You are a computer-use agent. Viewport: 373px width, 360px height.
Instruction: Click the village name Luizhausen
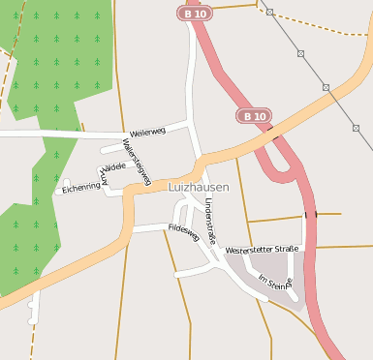click(x=199, y=187)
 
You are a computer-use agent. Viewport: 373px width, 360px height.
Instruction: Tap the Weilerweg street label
click(x=146, y=132)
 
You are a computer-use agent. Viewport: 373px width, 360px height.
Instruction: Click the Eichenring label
click(x=81, y=188)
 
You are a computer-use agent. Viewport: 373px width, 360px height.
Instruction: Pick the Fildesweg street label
click(x=183, y=232)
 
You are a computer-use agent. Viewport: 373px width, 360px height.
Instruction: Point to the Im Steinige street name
click(x=274, y=282)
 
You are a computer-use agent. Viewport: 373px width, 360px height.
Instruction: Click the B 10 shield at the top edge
click(x=193, y=13)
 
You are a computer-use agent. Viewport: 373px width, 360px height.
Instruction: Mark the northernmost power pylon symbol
click(x=269, y=13)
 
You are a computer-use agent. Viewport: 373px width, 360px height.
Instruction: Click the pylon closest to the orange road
click(x=326, y=87)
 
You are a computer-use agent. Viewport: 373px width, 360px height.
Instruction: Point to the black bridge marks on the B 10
click(x=310, y=214)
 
